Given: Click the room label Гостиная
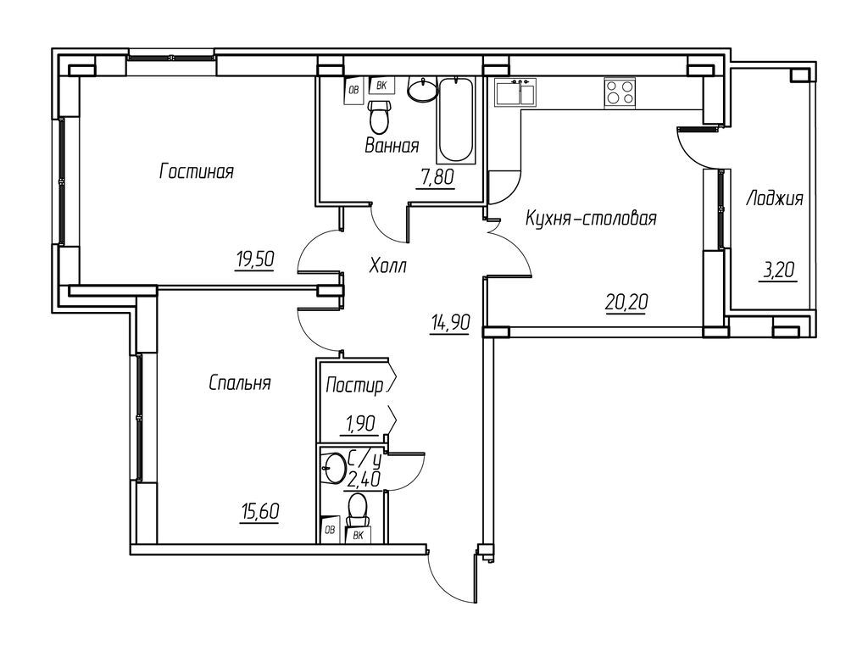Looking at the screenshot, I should pos(196,172).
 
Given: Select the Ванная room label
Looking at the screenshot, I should pos(392,146).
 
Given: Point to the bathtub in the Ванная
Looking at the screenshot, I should pos(456,120).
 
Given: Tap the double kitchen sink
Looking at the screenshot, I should pos(515,92).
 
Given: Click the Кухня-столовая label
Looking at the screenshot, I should pos(592,219).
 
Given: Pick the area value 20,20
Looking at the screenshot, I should pos(626,299).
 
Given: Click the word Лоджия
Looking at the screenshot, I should pos(774,199).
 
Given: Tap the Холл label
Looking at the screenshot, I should pos(388,266).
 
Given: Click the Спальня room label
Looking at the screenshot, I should pos(240,383).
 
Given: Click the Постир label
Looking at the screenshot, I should pos(353,386).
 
